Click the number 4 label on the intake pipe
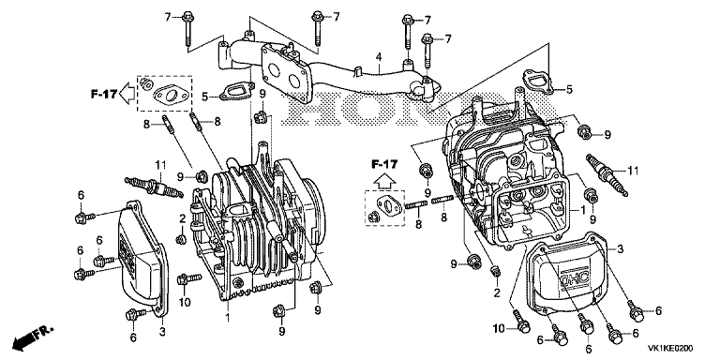pyautogui.click(x=379, y=57)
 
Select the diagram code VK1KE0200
pyautogui.click(x=671, y=349)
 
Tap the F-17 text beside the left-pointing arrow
pyautogui.click(x=103, y=94)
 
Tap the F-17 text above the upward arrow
pyautogui.click(x=384, y=163)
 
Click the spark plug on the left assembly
pyautogui.click(x=154, y=187)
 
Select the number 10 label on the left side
pyautogui.click(x=184, y=303)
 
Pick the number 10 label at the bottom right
pyautogui.click(x=499, y=328)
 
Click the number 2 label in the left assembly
pyautogui.click(x=182, y=218)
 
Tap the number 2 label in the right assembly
pyautogui.click(x=496, y=292)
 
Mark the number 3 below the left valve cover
pyautogui.click(x=162, y=332)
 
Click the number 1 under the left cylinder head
pyautogui.click(x=228, y=318)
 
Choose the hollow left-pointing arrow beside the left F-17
pyautogui.click(x=127, y=94)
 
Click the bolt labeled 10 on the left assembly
pyautogui.click(x=188, y=278)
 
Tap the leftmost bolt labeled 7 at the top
pyautogui.click(x=187, y=28)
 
